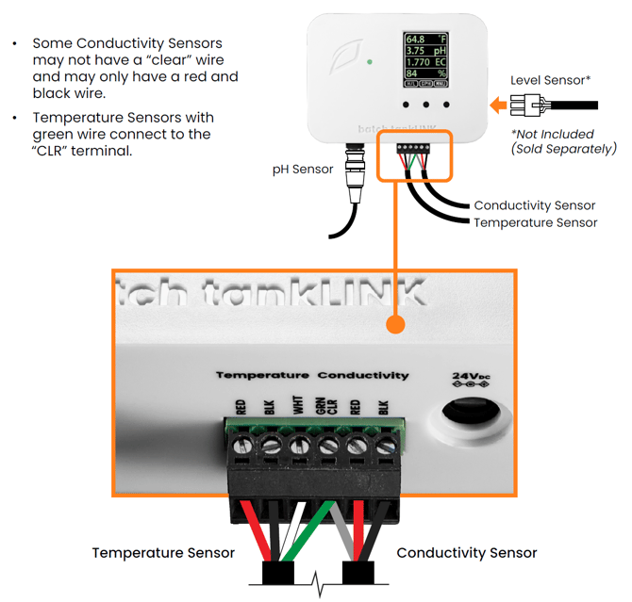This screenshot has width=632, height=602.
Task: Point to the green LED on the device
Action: (x=370, y=62)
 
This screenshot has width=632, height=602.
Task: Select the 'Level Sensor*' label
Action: (x=550, y=80)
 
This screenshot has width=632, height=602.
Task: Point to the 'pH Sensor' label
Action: (x=301, y=170)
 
